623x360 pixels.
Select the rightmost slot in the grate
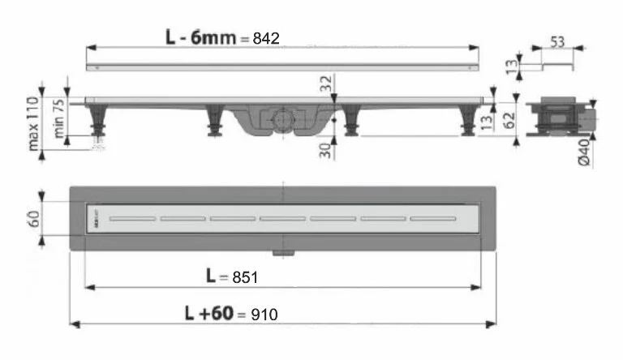pos(432,218)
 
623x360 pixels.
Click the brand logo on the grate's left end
pos(97,218)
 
